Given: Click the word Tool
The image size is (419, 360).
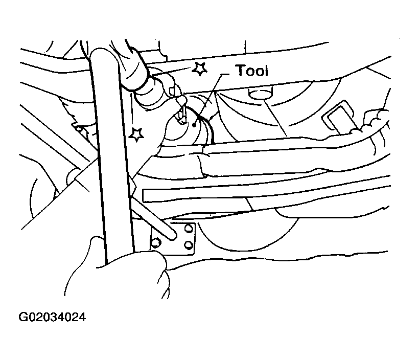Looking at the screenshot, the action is coord(252,71).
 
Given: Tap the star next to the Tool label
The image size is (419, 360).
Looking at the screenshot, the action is coord(199,69).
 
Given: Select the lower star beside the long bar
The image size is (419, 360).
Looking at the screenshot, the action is coord(136,134).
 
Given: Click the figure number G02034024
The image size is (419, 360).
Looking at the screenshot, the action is coord(52,317).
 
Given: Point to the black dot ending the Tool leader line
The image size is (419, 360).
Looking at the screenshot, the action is coord(194,124).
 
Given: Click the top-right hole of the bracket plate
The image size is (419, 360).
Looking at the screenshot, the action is coord(189,228).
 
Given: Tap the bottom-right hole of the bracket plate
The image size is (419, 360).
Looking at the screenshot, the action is coord(189,245).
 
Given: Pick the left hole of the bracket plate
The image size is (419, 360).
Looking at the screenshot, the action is coord(155,242).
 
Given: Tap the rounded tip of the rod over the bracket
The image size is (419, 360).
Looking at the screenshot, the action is coord(173,235).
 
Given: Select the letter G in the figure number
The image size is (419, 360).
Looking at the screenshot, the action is coord(22,317).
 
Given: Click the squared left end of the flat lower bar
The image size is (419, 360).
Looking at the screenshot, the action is coord(145,195).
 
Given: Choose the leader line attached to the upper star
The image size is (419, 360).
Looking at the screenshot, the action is coord(172,72).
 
